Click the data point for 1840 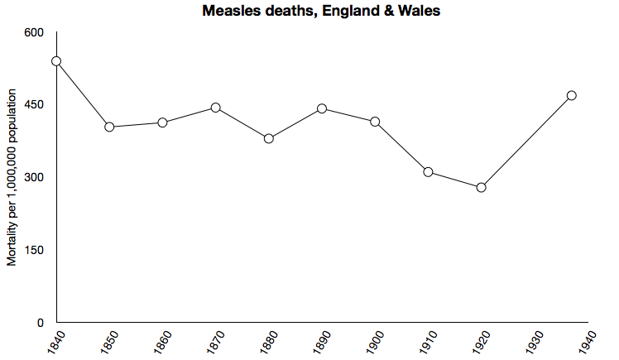point(56,61)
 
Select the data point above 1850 point(109,127)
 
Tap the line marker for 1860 point(162,122)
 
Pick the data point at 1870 point(215,108)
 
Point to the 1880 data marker point(269,138)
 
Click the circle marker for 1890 point(322,108)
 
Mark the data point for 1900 point(375,122)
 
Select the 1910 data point point(428,172)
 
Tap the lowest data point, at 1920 point(481,187)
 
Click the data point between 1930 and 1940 point(571,95)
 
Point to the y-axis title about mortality point(12,191)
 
